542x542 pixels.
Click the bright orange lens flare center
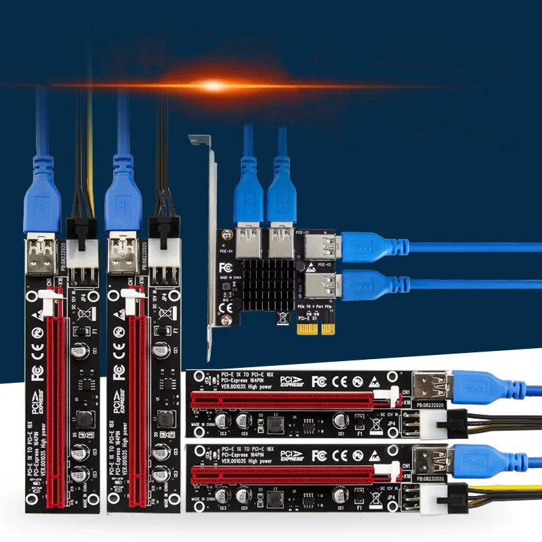(x=213, y=85)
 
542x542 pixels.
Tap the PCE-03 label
(x=301, y=234)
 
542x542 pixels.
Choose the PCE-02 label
(x=324, y=265)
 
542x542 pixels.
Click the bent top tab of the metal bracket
(x=198, y=140)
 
